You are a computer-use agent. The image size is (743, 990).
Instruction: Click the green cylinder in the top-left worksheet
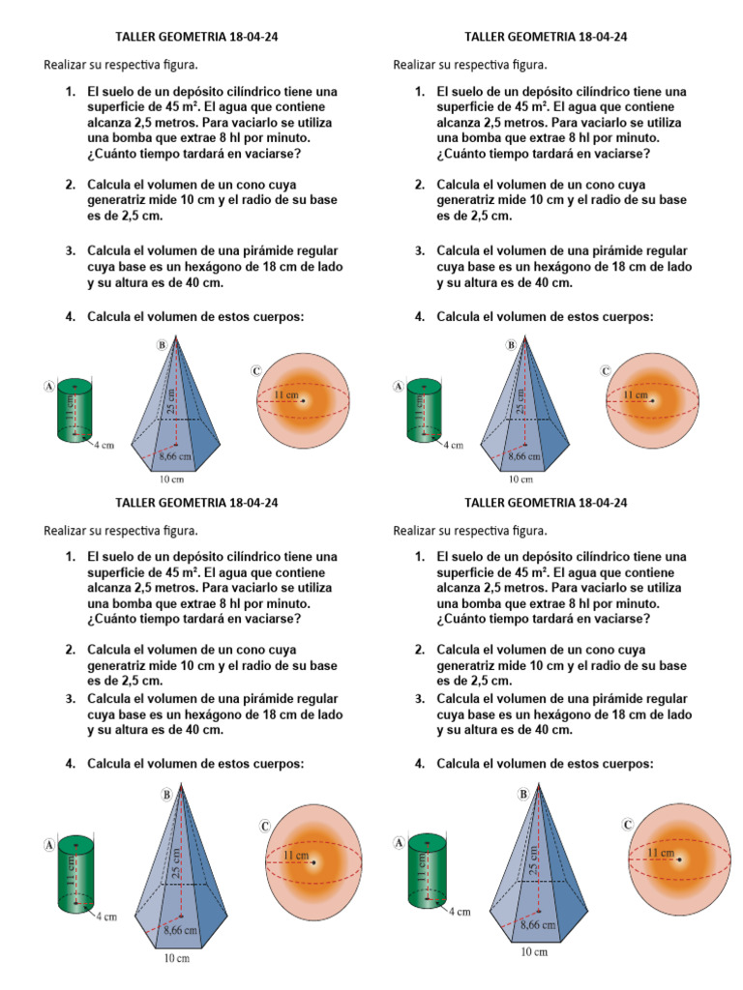75,412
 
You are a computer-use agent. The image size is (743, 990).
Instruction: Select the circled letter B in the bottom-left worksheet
167,794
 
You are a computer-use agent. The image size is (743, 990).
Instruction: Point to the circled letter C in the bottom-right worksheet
629,824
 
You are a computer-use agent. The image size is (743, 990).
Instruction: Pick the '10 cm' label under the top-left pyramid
171,479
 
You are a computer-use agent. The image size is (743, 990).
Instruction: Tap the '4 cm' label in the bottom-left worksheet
104,917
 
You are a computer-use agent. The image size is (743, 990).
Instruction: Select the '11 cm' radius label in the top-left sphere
285,395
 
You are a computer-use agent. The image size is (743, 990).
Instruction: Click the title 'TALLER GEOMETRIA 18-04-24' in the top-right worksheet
547,37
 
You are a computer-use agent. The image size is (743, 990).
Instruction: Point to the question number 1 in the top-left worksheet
71,92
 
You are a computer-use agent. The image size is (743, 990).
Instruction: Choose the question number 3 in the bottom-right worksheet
420,699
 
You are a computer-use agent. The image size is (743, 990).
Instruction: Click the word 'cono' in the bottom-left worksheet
274,650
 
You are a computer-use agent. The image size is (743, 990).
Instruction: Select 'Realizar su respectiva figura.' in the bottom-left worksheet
121,530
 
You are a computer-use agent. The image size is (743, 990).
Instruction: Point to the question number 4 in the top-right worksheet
420,316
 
